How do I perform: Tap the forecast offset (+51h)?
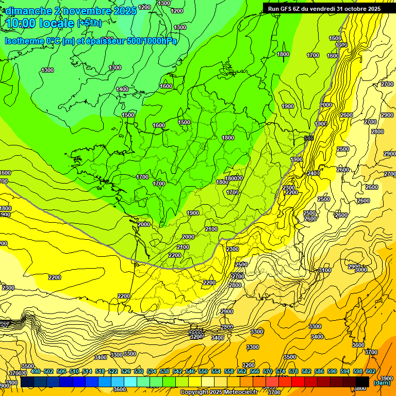(x=89, y=23)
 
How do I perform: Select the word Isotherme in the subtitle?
(x=24, y=41)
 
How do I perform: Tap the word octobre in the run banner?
(x=351, y=9)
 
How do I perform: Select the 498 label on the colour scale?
(x=35, y=372)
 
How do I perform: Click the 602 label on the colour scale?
(x=370, y=372)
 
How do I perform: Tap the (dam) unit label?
(x=382, y=382)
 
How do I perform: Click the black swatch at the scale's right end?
(x=362, y=381)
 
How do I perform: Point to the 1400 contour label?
(x=122, y=90)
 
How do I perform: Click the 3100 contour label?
(x=325, y=270)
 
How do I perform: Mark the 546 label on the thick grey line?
(x=309, y=138)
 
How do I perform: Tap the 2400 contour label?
(x=313, y=174)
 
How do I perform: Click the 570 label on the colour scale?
(x=267, y=372)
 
